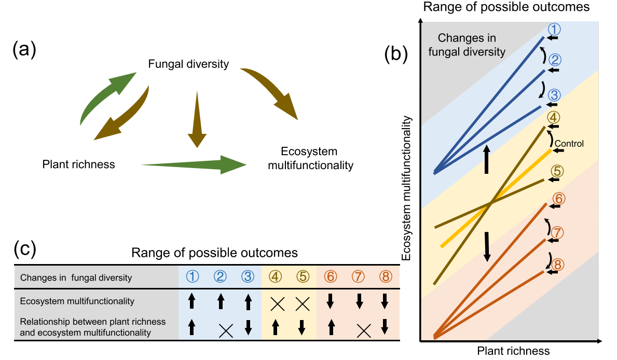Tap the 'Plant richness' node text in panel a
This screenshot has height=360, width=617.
(78, 164)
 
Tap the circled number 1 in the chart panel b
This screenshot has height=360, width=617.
(555, 28)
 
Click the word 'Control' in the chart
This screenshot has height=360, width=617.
(569, 144)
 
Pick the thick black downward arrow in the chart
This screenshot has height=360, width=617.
(487, 247)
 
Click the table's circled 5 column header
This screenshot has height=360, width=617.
(301, 277)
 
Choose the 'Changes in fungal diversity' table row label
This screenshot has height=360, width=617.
(76, 278)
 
